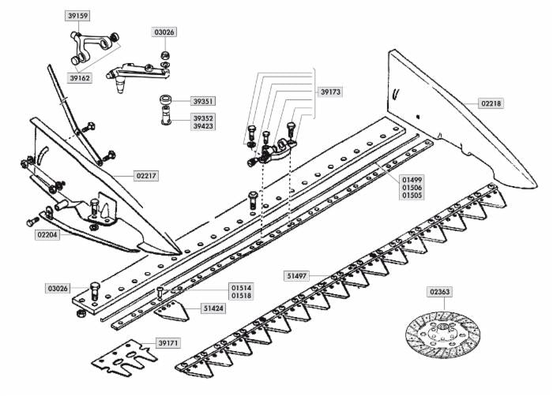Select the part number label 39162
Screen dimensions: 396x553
click(x=81, y=78)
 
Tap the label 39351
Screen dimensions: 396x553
click(x=203, y=102)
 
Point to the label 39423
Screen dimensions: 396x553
click(x=203, y=126)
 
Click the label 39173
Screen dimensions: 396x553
click(x=331, y=92)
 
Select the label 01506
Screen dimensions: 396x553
click(x=412, y=188)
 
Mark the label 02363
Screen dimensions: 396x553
click(x=440, y=292)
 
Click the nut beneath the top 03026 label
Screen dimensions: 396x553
click(x=164, y=56)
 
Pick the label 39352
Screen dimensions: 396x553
click(x=203, y=118)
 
